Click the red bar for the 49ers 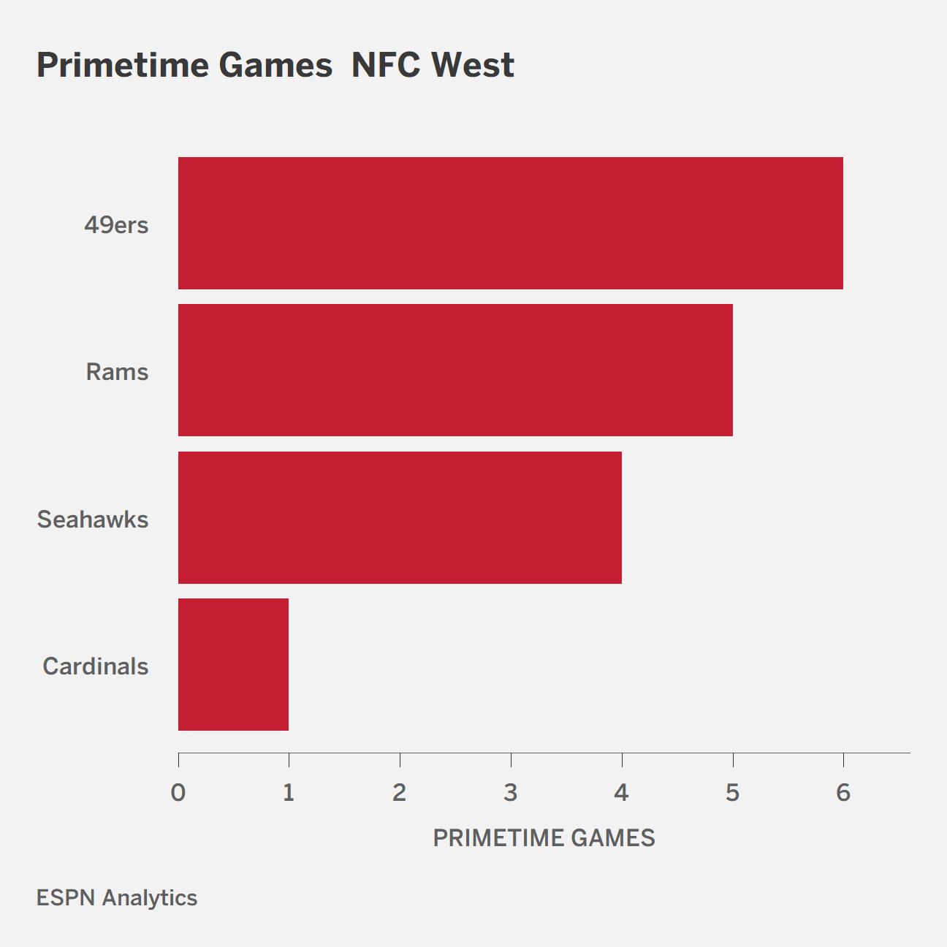click(x=511, y=223)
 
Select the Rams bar click(x=455, y=370)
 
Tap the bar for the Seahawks click(x=400, y=517)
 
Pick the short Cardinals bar click(x=233, y=664)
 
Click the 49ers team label click(x=116, y=225)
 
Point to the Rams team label click(x=117, y=372)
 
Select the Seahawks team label click(x=93, y=520)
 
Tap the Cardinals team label click(x=95, y=666)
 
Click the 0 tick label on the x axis click(x=178, y=793)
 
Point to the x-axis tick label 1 click(x=289, y=793)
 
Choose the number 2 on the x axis click(x=400, y=793)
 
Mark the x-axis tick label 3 click(x=511, y=793)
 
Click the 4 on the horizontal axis click(x=622, y=793)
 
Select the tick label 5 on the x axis click(x=733, y=793)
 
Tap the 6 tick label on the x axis click(x=843, y=793)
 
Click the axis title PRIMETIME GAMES click(x=544, y=838)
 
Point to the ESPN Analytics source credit click(x=117, y=898)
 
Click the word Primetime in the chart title click(x=123, y=65)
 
